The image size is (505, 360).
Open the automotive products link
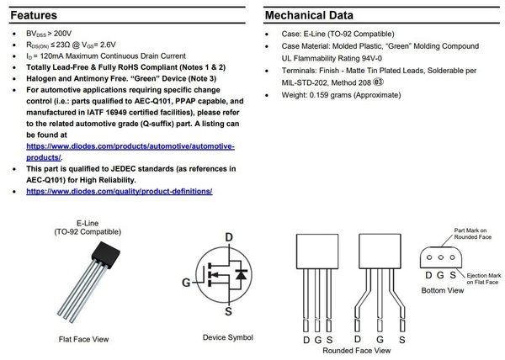point(130,151)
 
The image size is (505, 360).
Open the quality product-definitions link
point(120,192)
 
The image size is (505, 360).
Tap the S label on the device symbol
point(228,312)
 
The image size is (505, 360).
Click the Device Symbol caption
point(227,337)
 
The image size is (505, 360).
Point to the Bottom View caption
point(443,290)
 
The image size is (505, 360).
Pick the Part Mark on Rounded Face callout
point(472,233)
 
